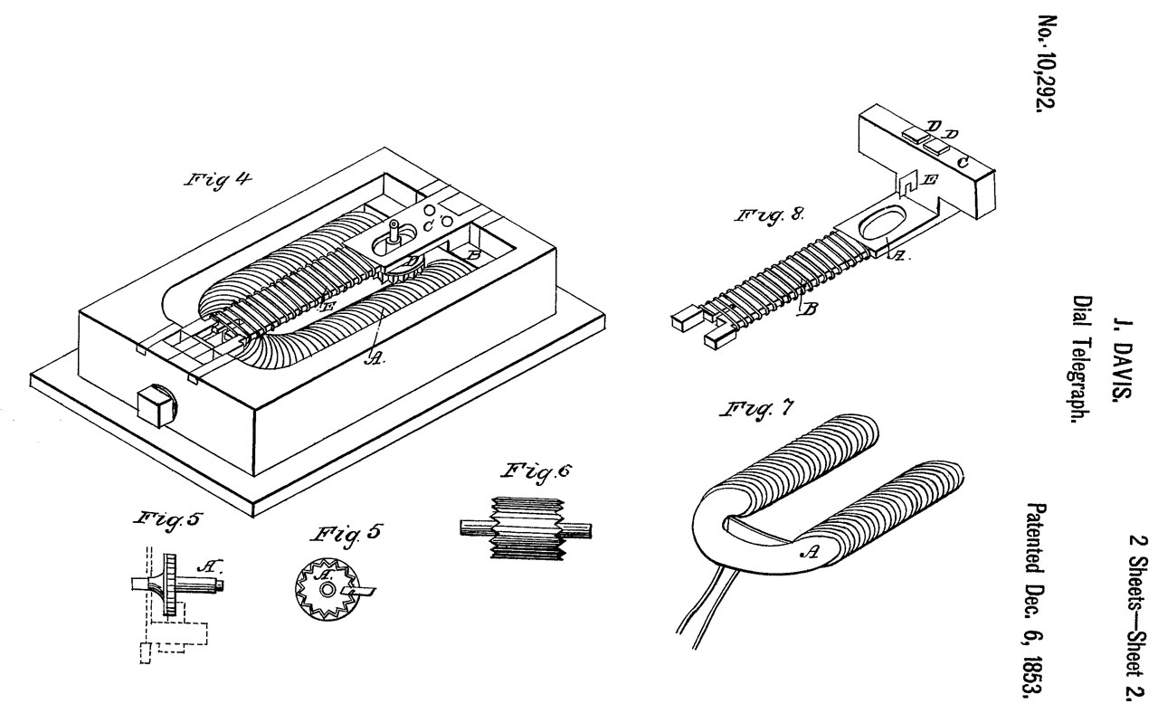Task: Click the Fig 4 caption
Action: [x=219, y=180]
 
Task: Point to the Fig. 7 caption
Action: [x=755, y=411]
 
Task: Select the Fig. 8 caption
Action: [x=770, y=215]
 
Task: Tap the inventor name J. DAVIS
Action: [x=1121, y=362]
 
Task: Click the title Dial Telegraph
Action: [x=1081, y=359]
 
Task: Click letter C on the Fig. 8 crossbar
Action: [x=962, y=163]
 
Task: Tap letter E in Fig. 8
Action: [x=930, y=180]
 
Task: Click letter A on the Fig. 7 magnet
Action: [x=810, y=553]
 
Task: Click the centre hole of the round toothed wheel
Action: [x=327, y=589]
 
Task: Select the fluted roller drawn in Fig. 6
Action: [x=527, y=528]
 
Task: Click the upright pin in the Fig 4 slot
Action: [x=395, y=233]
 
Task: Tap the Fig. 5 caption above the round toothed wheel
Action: [x=347, y=534]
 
